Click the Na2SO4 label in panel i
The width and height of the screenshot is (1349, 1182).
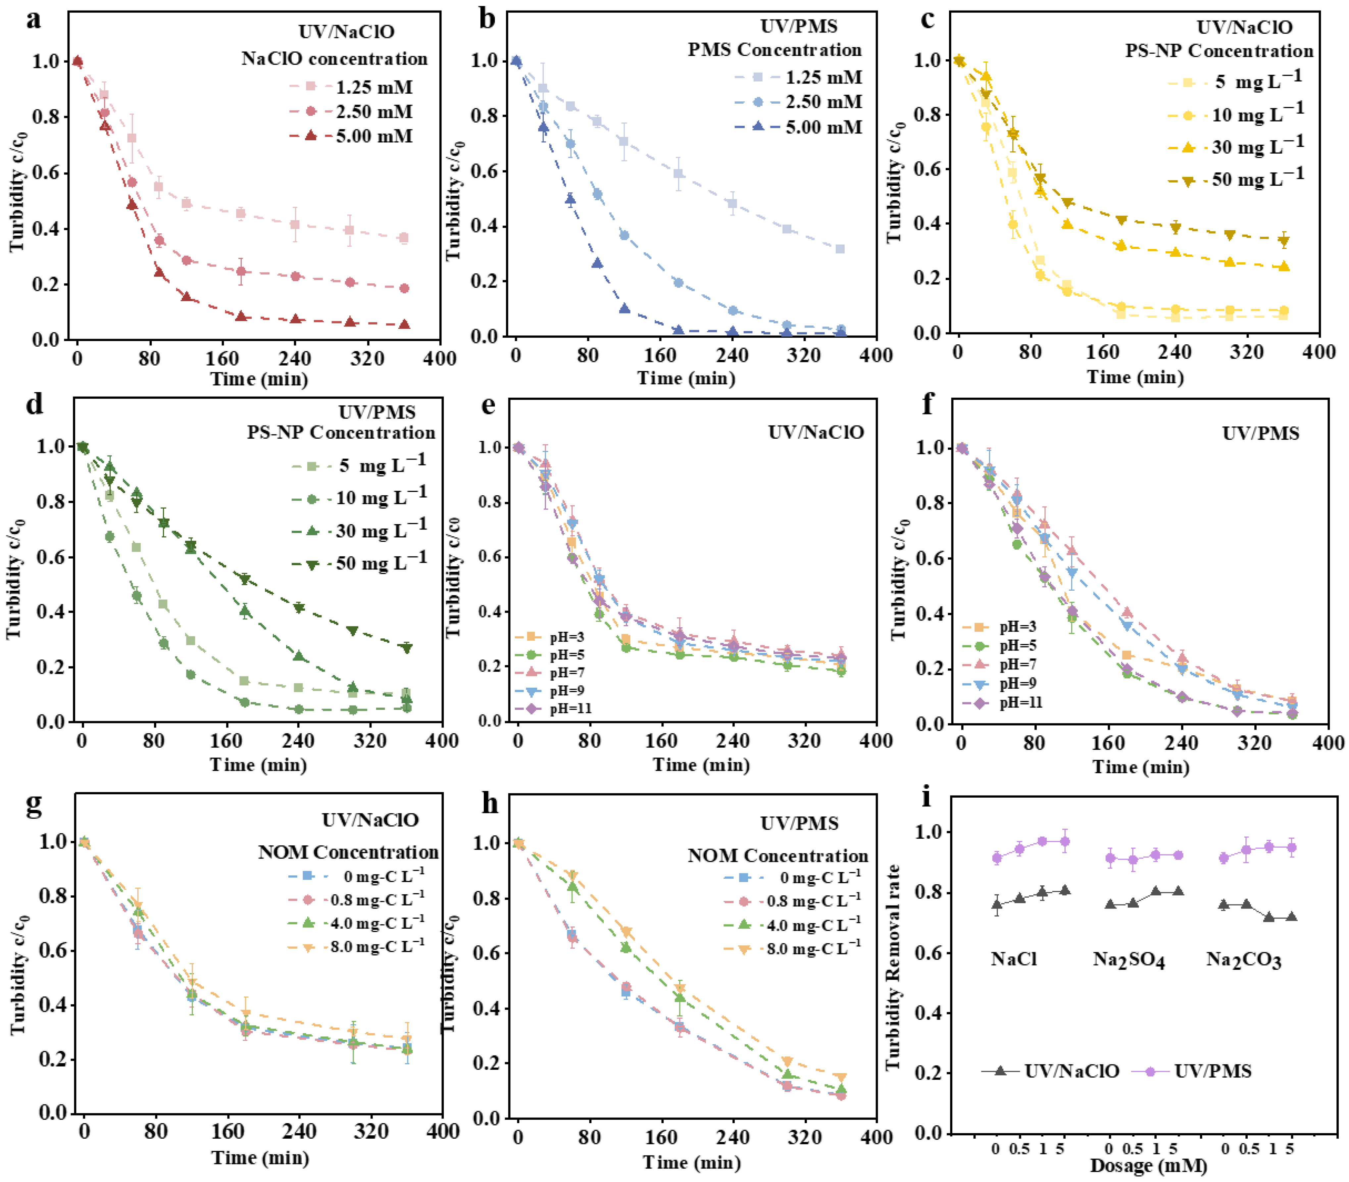click(x=1129, y=960)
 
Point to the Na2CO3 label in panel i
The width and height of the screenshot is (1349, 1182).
click(x=1243, y=960)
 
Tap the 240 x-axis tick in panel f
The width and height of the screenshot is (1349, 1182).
click(x=1181, y=743)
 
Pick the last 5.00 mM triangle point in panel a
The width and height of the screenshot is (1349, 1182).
click(x=404, y=324)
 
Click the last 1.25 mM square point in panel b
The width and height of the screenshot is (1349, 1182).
click(x=840, y=249)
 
